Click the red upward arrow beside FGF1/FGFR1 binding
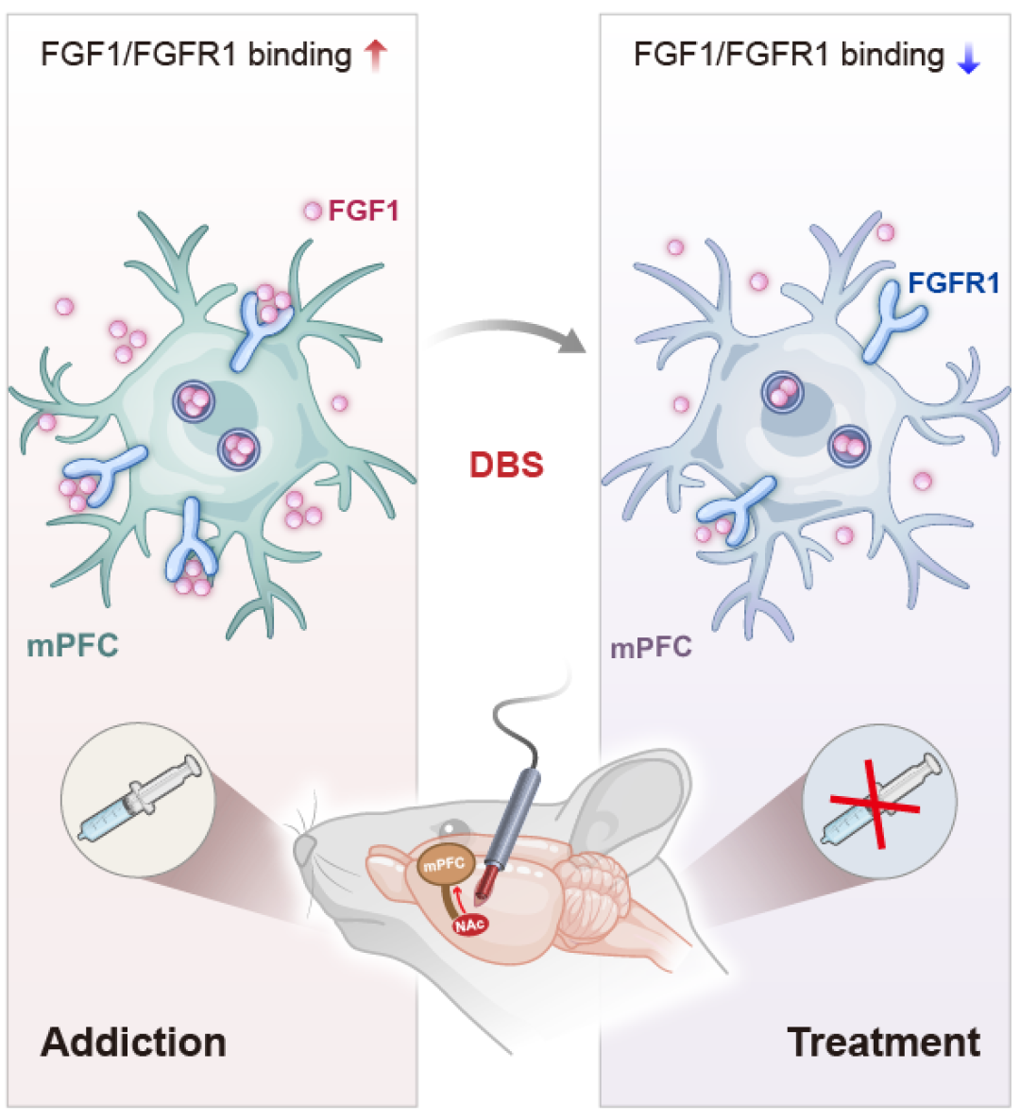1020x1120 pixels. (x=376, y=56)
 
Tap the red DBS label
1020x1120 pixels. (x=507, y=465)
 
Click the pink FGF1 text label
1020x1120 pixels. (x=364, y=211)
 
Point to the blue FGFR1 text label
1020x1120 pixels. (x=953, y=282)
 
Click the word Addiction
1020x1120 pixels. (x=133, y=1042)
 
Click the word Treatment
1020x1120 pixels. (x=883, y=1042)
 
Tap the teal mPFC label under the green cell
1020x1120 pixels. (x=73, y=646)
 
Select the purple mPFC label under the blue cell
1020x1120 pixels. (x=651, y=648)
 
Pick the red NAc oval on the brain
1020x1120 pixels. (x=469, y=925)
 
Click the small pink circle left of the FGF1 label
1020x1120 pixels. (x=313, y=212)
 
